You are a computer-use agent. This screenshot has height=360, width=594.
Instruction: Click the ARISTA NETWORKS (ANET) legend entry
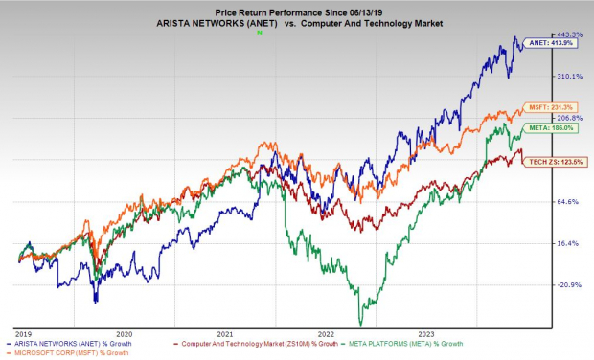pos(83,342)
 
